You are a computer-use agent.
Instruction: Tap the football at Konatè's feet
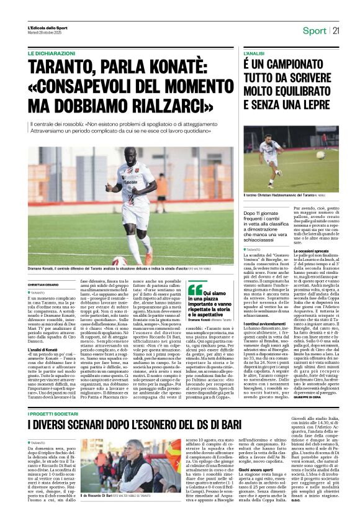click(120, 261)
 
